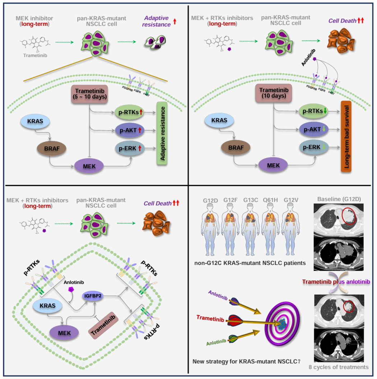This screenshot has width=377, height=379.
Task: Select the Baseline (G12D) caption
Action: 339,199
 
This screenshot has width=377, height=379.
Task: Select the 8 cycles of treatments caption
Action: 339,367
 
